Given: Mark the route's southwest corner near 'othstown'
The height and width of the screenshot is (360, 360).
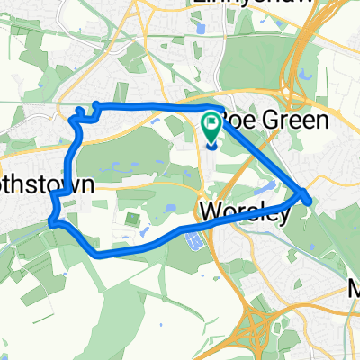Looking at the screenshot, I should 55,220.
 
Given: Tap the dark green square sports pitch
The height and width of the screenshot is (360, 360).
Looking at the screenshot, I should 132,219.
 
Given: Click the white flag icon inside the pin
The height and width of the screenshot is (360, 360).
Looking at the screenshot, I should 211,124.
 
